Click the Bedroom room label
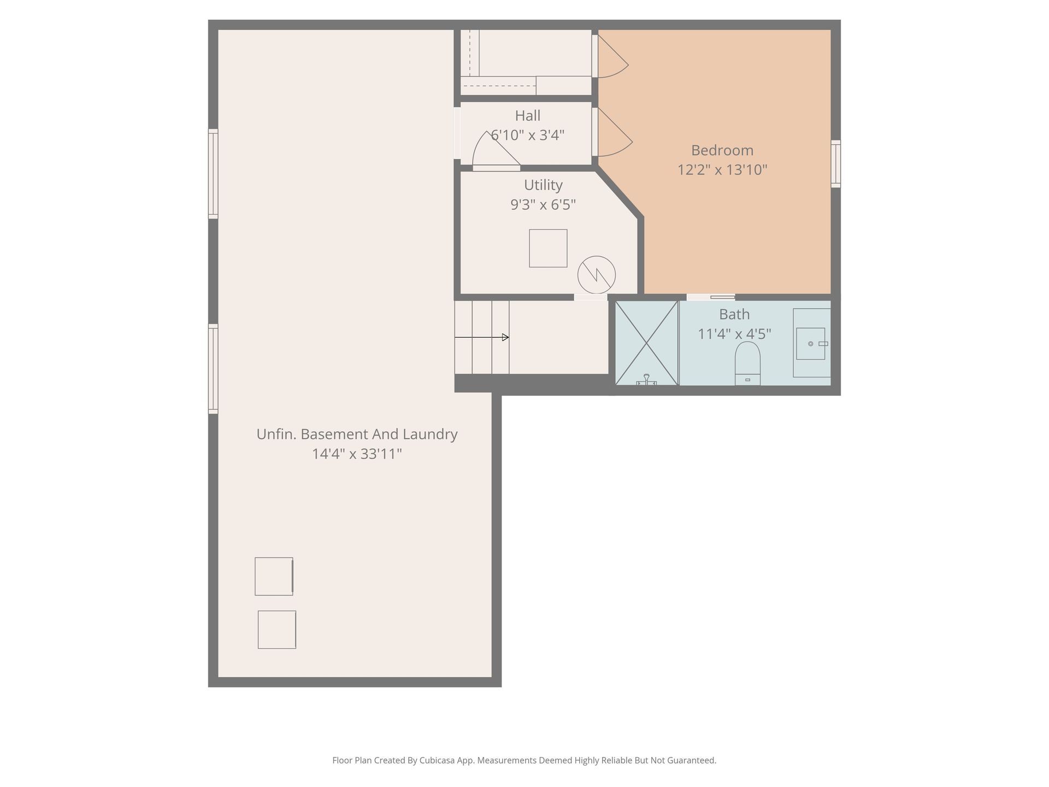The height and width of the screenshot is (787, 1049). [x=722, y=150]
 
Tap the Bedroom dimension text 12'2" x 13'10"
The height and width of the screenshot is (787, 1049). [x=722, y=170]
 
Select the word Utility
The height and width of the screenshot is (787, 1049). [x=543, y=185]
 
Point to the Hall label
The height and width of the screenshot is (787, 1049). [x=528, y=116]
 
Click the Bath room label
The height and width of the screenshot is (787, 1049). [x=734, y=314]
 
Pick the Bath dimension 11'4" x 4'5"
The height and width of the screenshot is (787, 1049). [x=734, y=334]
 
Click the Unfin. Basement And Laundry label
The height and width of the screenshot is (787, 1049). [x=357, y=434]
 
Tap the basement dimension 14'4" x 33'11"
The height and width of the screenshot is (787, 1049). [x=357, y=454]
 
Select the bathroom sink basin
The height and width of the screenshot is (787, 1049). [x=811, y=343]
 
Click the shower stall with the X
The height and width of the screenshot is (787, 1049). [x=647, y=343]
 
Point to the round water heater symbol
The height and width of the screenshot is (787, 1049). [x=597, y=275]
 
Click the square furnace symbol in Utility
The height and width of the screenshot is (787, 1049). [x=548, y=248]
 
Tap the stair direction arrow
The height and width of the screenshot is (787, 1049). [x=482, y=337]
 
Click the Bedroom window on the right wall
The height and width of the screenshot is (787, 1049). [x=836, y=164]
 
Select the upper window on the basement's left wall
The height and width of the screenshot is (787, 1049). [x=213, y=174]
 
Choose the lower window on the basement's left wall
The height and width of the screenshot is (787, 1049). [x=213, y=369]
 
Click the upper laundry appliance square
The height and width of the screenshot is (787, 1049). [x=274, y=576]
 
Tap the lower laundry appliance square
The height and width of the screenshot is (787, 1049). [x=277, y=630]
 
